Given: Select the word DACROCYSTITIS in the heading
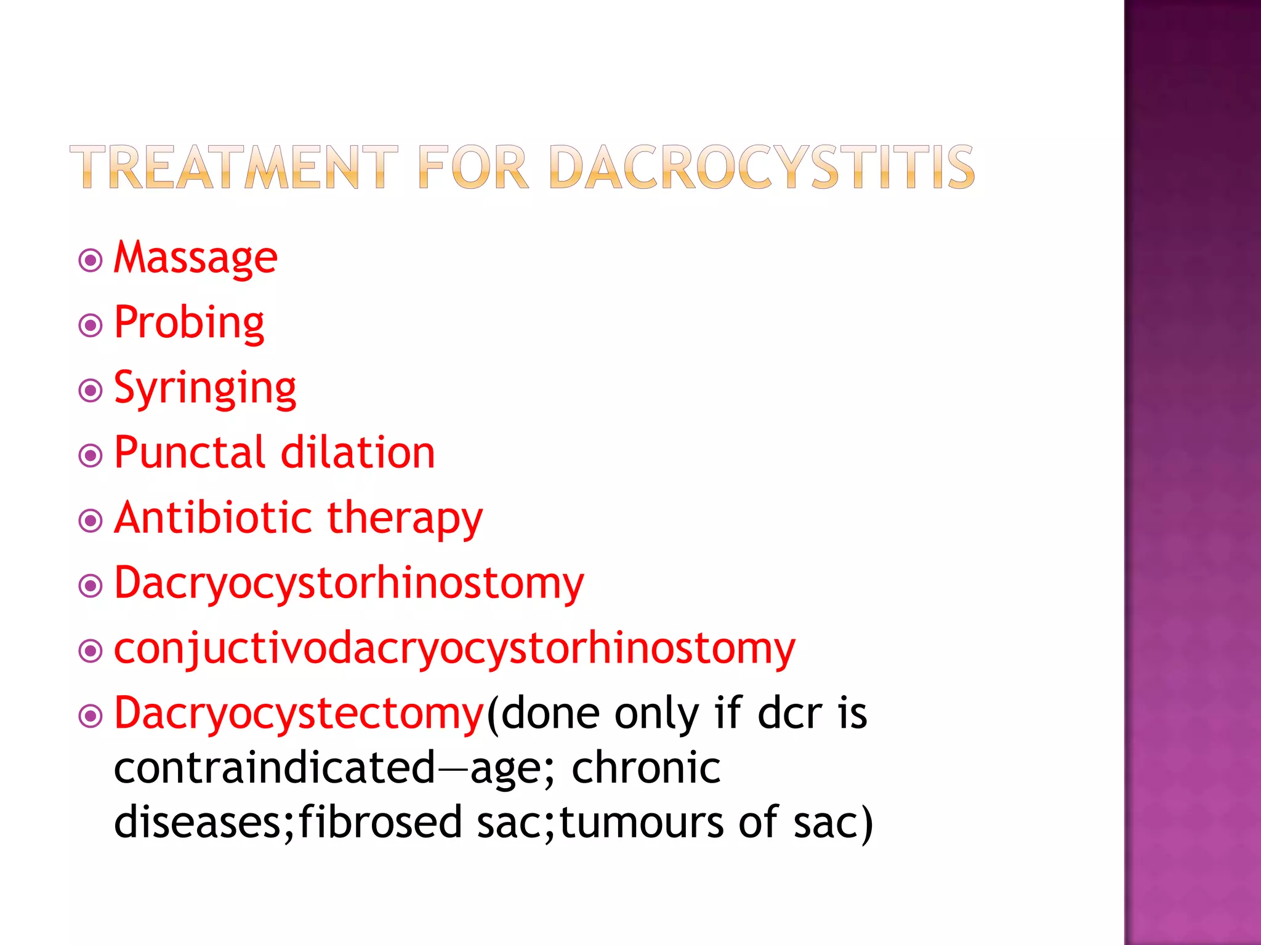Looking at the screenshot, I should [x=762, y=167].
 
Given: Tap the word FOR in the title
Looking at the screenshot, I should [x=473, y=167].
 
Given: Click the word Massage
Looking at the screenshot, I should [x=196, y=258].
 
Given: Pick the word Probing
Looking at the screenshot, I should [x=189, y=323].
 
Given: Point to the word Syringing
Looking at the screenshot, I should [x=205, y=389].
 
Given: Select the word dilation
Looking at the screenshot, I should [x=358, y=453].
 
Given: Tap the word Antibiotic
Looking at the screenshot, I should [x=213, y=518].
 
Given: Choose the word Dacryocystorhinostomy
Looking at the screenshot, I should [x=349, y=584].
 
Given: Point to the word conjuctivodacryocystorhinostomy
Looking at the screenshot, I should [x=454, y=649].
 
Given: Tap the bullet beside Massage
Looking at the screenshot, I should [x=91, y=260].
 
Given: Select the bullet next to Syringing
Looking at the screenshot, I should [x=91, y=391].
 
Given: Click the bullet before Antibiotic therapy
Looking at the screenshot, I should [x=91, y=521].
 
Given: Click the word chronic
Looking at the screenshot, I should [x=646, y=768].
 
